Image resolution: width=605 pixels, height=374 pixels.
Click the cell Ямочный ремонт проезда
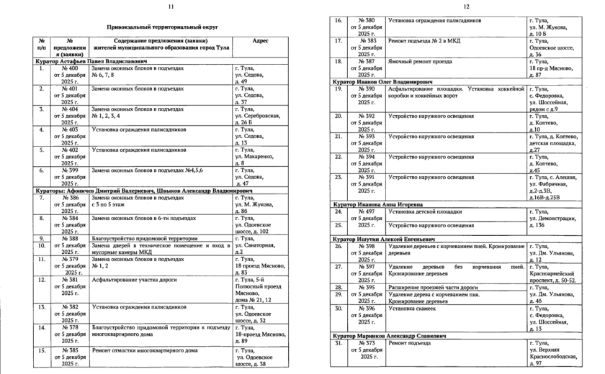point(418,61)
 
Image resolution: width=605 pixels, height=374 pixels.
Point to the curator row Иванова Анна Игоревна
point(380,205)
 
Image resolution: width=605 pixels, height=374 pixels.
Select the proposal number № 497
point(367,212)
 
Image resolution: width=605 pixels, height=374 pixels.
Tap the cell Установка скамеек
point(413,309)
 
